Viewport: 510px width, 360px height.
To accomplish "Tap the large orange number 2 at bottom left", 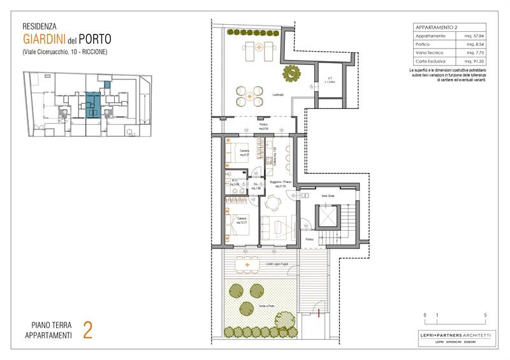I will [88, 329].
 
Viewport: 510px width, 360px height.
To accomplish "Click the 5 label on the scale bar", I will [486, 315].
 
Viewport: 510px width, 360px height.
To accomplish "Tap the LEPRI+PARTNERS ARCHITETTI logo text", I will [454, 335].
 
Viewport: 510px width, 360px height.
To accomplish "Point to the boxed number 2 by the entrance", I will [305, 195].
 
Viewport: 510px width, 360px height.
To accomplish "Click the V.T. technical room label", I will [329, 80].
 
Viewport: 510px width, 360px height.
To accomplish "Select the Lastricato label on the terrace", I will [278, 94].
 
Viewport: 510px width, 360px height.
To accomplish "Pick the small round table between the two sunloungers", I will [259, 46].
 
